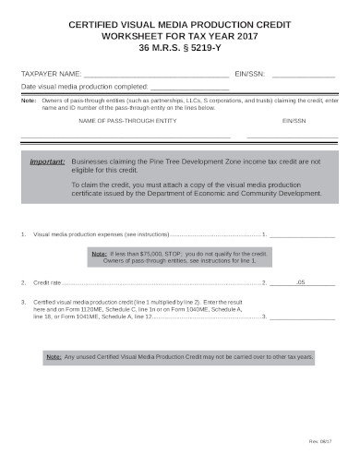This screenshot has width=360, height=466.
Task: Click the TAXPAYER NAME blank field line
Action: pos(155,74)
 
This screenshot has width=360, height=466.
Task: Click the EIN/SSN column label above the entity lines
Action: pos(294,121)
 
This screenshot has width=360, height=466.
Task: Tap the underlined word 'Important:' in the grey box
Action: pos(47,161)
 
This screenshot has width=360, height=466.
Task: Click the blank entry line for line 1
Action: pos(302,236)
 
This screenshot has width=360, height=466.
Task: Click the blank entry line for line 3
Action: pos(302,317)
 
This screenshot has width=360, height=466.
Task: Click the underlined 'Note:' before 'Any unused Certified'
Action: pos(55,355)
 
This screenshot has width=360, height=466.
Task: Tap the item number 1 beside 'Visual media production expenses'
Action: pos(22,235)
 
